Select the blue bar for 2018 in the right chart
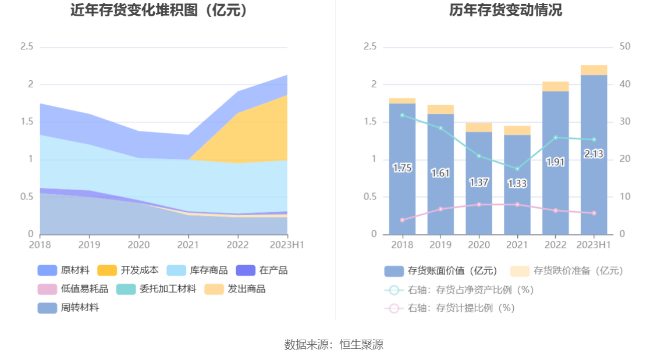click(402, 192)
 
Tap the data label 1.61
click(440, 173)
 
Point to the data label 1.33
click(517, 183)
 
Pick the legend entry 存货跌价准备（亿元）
click(567, 270)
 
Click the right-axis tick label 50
click(626, 47)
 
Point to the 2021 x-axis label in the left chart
click(187, 245)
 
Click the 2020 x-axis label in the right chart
click(479, 245)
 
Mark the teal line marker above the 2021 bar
click(517, 169)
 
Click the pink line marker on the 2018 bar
click(402, 220)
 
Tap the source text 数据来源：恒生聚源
click(334, 344)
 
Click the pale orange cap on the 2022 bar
click(556, 87)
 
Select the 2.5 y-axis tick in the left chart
click(27, 47)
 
